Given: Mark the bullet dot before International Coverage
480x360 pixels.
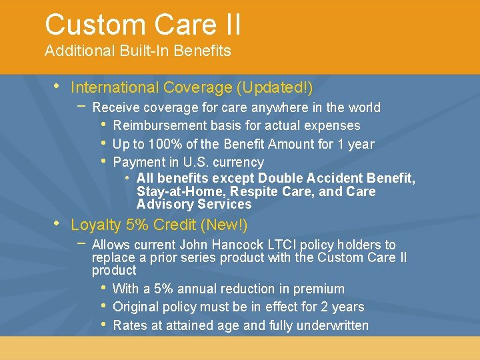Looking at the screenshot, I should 56,87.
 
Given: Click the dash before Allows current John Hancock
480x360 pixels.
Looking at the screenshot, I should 81,243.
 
